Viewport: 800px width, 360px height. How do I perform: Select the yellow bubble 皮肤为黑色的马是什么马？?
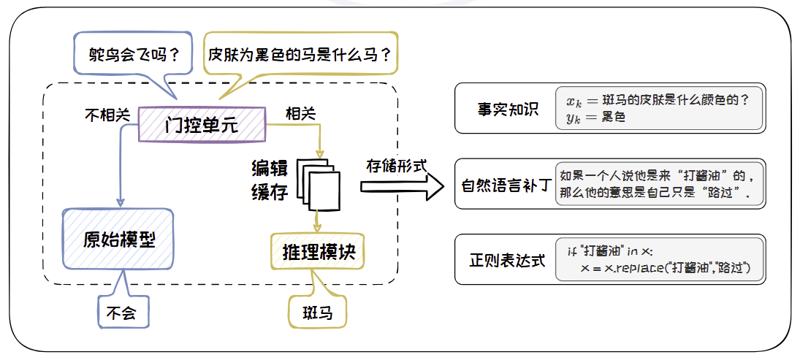click(x=300, y=54)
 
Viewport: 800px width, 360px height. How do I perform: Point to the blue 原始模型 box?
click(x=118, y=240)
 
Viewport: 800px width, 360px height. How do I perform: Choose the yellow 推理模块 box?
click(x=319, y=253)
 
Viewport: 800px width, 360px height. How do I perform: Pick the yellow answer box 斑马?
click(x=318, y=314)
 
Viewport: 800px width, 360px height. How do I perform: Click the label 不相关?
click(x=107, y=114)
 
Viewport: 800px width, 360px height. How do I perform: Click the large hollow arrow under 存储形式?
click(x=403, y=187)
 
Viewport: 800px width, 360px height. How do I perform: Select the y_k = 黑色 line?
click(x=595, y=117)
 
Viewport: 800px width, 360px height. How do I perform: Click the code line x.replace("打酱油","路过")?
click(x=671, y=269)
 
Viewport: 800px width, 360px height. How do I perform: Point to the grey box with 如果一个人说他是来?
click(x=658, y=184)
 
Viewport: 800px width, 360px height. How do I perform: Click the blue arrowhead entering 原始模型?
click(x=119, y=202)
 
